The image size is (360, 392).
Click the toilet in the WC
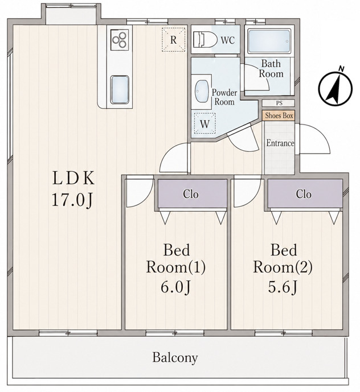(205, 39)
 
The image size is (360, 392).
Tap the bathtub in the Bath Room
(269, 42)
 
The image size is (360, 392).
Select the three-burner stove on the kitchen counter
(120, 40)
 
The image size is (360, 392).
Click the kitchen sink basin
(120, 89)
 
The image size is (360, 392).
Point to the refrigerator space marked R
(174, 39)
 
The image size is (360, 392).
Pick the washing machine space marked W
(205, 124)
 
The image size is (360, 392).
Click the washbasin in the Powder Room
(202, 91)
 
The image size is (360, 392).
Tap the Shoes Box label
(279, 115)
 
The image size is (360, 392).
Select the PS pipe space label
(279, 103)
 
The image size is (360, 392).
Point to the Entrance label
(280, 143)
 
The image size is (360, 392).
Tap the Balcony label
(175, 357)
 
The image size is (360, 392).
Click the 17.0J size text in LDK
(72, 200)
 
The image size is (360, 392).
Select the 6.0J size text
(175, 287)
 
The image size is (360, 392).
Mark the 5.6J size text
(283, 287)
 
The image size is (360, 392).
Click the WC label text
(228, 40)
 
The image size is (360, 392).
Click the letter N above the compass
(341, 68)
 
